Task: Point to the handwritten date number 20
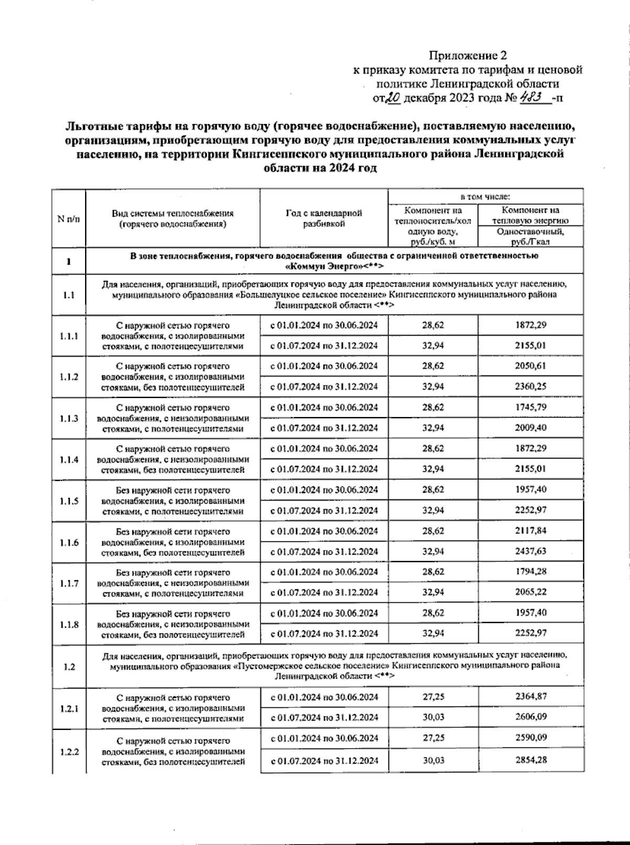tap(394, 98)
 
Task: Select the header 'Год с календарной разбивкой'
tap(324, 218)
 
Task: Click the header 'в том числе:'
tap(485, 197)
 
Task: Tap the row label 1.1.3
tap(69, 419)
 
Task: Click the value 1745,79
tap(530, 407)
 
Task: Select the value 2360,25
tap(530, 387)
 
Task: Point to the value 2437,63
tap(530, 551)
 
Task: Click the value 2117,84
tap(530, 530)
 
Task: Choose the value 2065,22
tap(530, 592)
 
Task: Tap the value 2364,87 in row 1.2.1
tap(530, 696)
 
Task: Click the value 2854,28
tap(530, 760)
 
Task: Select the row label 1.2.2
tap(69, 752)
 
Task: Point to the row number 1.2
tap(69, 667)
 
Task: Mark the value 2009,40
tap(530, 427)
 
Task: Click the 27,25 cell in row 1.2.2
tap(433, 737)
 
